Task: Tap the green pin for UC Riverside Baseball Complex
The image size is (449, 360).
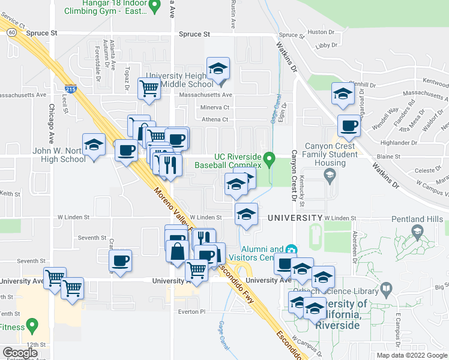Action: pos(270,160)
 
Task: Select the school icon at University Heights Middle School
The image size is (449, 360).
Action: pos(218,69)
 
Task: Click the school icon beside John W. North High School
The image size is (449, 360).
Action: pos(94,145)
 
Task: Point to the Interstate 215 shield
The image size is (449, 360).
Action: pos(71,89)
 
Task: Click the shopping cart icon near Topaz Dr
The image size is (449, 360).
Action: pos(148,89)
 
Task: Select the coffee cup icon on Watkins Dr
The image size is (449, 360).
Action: pos(348,125)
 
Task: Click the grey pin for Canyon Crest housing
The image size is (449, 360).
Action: pos(329,175)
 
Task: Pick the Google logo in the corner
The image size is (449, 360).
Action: pos(20,353)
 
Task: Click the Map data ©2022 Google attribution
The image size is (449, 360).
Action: pos(411,355)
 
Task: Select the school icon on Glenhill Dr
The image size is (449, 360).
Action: pos(343,94)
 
